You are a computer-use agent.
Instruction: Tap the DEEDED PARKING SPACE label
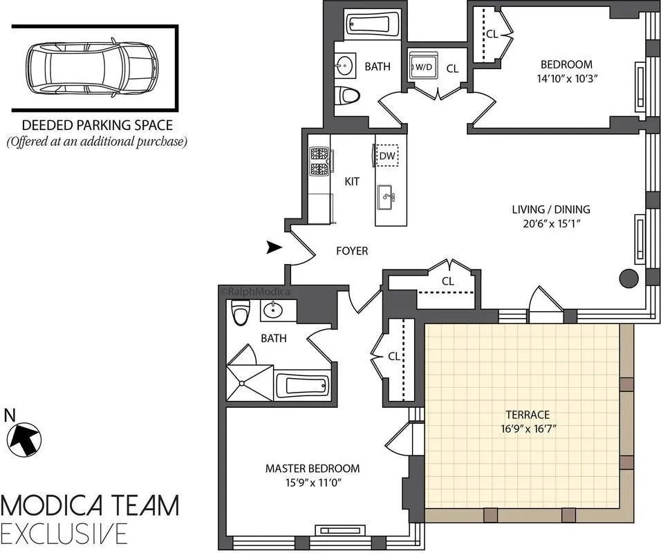pyautogui.click(x=97, y=126)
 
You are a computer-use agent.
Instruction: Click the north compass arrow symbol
pyautogui.click(x=24, y=439)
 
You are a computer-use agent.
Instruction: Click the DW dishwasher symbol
pyautogui.click(x=387, y=156)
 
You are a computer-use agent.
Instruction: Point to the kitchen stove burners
pyautogui.click(x=319, y=160)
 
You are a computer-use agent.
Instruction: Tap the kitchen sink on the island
pyautogui.click(x=387, y=198)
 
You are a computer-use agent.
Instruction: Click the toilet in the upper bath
pyautogui.click(x=347, y=96)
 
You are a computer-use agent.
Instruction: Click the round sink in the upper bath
pyautogui.click(x=345, y=66)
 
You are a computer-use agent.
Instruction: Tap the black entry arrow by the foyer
pyautogui.click(x=274, y=246)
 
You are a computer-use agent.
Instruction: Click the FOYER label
pyautogui.click(x=352, y=251)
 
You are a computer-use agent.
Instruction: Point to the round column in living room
pyautogui.click(x=629, y=279)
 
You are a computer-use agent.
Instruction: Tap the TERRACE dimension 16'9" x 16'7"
pyautogui.click(x=527, y=429)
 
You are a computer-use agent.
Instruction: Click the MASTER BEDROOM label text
pyautogui.click(x=313, y=468)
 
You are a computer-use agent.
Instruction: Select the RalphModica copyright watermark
pyautogui.click(x=255, y=292)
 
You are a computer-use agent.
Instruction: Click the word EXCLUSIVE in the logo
pyautogui.click(x=64, y=534)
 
